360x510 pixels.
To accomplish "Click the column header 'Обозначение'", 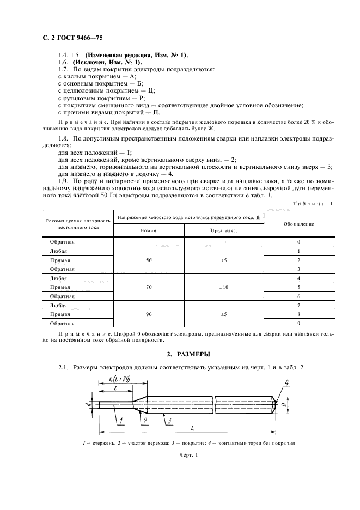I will coord(298,223).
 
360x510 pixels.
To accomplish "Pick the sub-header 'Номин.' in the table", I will coord(149,230).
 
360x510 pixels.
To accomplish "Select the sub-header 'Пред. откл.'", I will coord(223,230).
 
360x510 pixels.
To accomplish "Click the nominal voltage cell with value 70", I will coord(149,287).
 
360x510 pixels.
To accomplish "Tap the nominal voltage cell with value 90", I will coord(149,314).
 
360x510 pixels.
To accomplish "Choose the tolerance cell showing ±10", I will coord(223,287).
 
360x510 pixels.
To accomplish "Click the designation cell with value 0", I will coord(298,241).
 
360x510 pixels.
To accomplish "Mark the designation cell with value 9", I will coord(298,324).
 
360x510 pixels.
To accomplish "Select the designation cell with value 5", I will coord(298,287).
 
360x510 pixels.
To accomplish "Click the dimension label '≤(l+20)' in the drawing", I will coord(119,379).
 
